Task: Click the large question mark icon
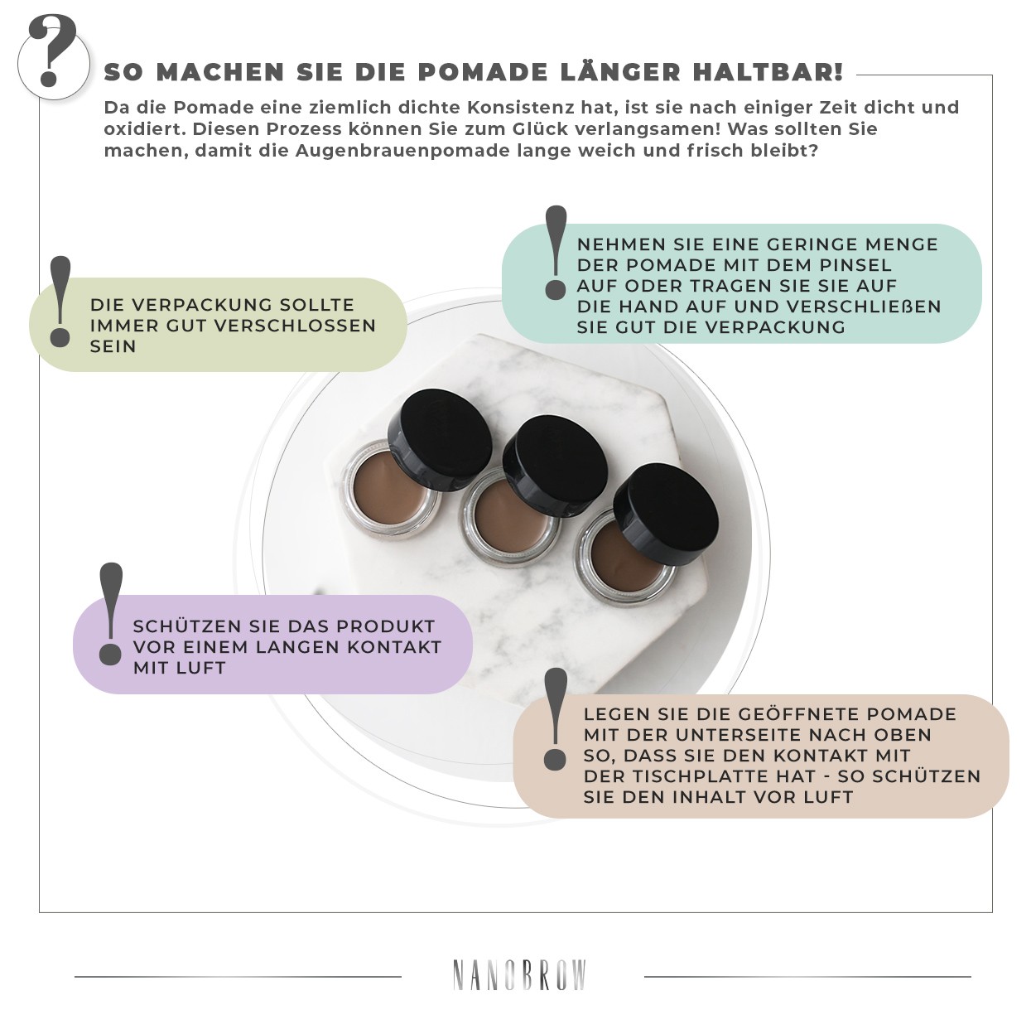coord(53,53)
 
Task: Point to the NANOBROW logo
coord(519,975)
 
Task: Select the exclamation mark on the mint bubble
coord(556,252)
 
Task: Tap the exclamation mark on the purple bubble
coord(110,613)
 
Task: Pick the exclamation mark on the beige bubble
coord(556,718)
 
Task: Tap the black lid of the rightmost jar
coord(672,514)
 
